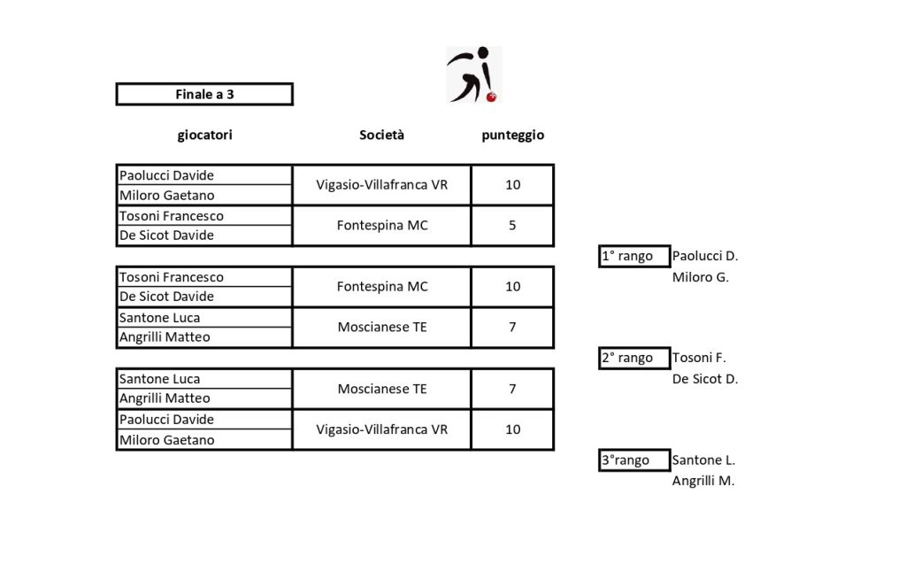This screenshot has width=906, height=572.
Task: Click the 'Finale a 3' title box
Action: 204,94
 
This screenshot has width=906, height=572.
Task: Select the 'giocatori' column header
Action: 204,135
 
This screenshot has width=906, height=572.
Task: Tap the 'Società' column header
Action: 381,135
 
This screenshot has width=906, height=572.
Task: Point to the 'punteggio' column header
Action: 512,135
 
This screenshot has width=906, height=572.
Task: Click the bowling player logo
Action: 473,74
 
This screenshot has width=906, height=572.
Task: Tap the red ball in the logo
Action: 492,96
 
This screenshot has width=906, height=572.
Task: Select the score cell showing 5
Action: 512,226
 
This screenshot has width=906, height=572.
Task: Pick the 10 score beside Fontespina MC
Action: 512,287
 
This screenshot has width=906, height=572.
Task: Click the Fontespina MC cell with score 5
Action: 382,226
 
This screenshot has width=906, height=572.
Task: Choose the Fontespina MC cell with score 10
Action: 382,287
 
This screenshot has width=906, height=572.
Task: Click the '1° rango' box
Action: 633,257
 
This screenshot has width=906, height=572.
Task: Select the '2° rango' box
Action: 633,359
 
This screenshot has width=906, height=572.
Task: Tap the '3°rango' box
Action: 633,460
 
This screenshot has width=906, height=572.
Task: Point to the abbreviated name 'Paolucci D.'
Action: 705,257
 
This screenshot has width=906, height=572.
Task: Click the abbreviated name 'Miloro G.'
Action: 700,277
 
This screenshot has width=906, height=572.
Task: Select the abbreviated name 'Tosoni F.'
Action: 699,359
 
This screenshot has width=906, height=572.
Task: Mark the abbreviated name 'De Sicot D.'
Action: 705,379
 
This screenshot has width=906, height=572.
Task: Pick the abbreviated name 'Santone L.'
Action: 703,460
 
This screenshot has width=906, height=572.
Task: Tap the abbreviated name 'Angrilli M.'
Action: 703,482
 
